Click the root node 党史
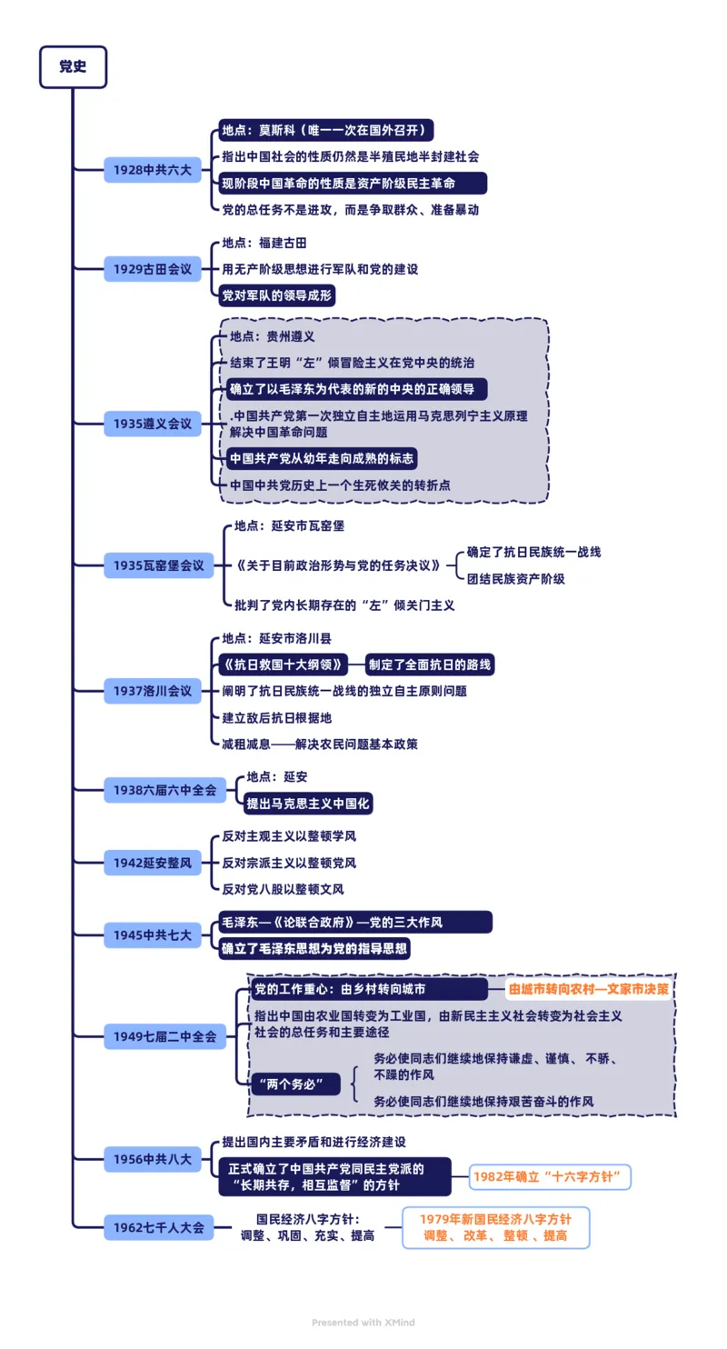pos(73,67)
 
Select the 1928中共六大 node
pos(152,169)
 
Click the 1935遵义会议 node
pos(152,424)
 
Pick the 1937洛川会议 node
pos(152,690)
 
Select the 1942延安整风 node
pos(152,862)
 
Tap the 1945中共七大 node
pos(152,934)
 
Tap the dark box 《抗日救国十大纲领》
pos(281,664)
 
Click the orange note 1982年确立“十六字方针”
pos(552,1176)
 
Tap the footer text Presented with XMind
pos(363,1322)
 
